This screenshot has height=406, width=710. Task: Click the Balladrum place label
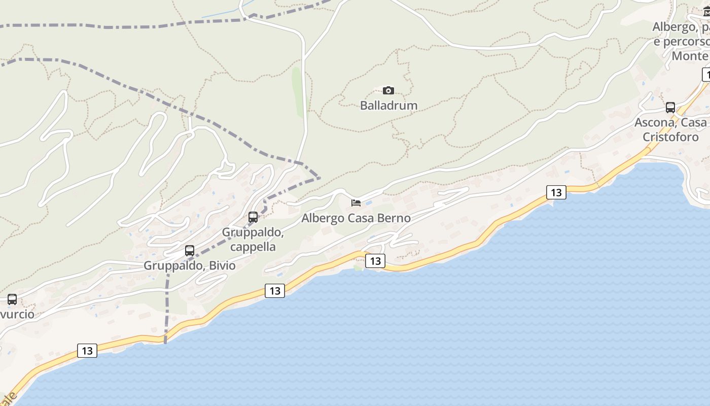[x=388, y=106]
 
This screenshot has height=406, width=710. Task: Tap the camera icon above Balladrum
[x=388, y=91]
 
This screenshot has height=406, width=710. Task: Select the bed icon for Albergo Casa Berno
[x=356, y=203]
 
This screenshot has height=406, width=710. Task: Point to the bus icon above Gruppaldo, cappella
[x=253, y=217]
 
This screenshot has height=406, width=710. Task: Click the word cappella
[x=253, y=247]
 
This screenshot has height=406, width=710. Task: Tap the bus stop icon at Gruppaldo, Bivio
[x=190, y=251]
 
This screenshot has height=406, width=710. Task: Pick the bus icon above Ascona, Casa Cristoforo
[x=670, y=108]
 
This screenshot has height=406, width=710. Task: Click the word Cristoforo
[x=670, y=137]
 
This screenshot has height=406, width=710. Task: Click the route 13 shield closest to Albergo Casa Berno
[x=375, y=261]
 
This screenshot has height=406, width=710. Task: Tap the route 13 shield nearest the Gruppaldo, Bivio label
[x=274, y=291]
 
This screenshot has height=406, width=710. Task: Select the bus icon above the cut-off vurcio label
[x=12, y=299]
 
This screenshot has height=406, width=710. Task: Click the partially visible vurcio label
[x=17, y=314]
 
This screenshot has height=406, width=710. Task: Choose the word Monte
[x=689, y=56]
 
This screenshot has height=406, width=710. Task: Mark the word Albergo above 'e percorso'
[x=672, y=27]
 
